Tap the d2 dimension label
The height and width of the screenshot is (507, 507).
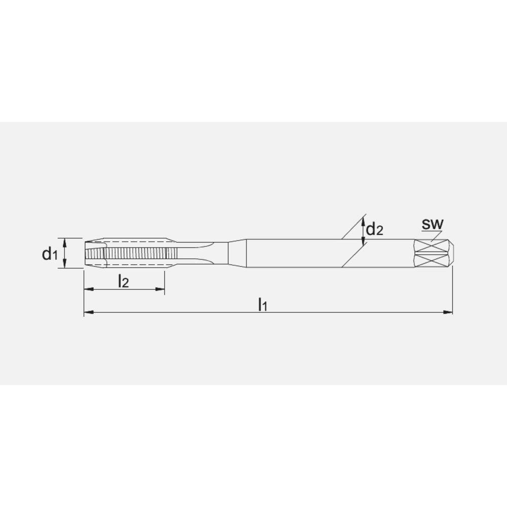tap(375, 230)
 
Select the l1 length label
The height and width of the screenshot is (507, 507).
tap(262, 304)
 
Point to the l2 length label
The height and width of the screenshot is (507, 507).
tap(123, 281)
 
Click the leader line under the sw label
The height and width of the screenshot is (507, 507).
tap(434, 235)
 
